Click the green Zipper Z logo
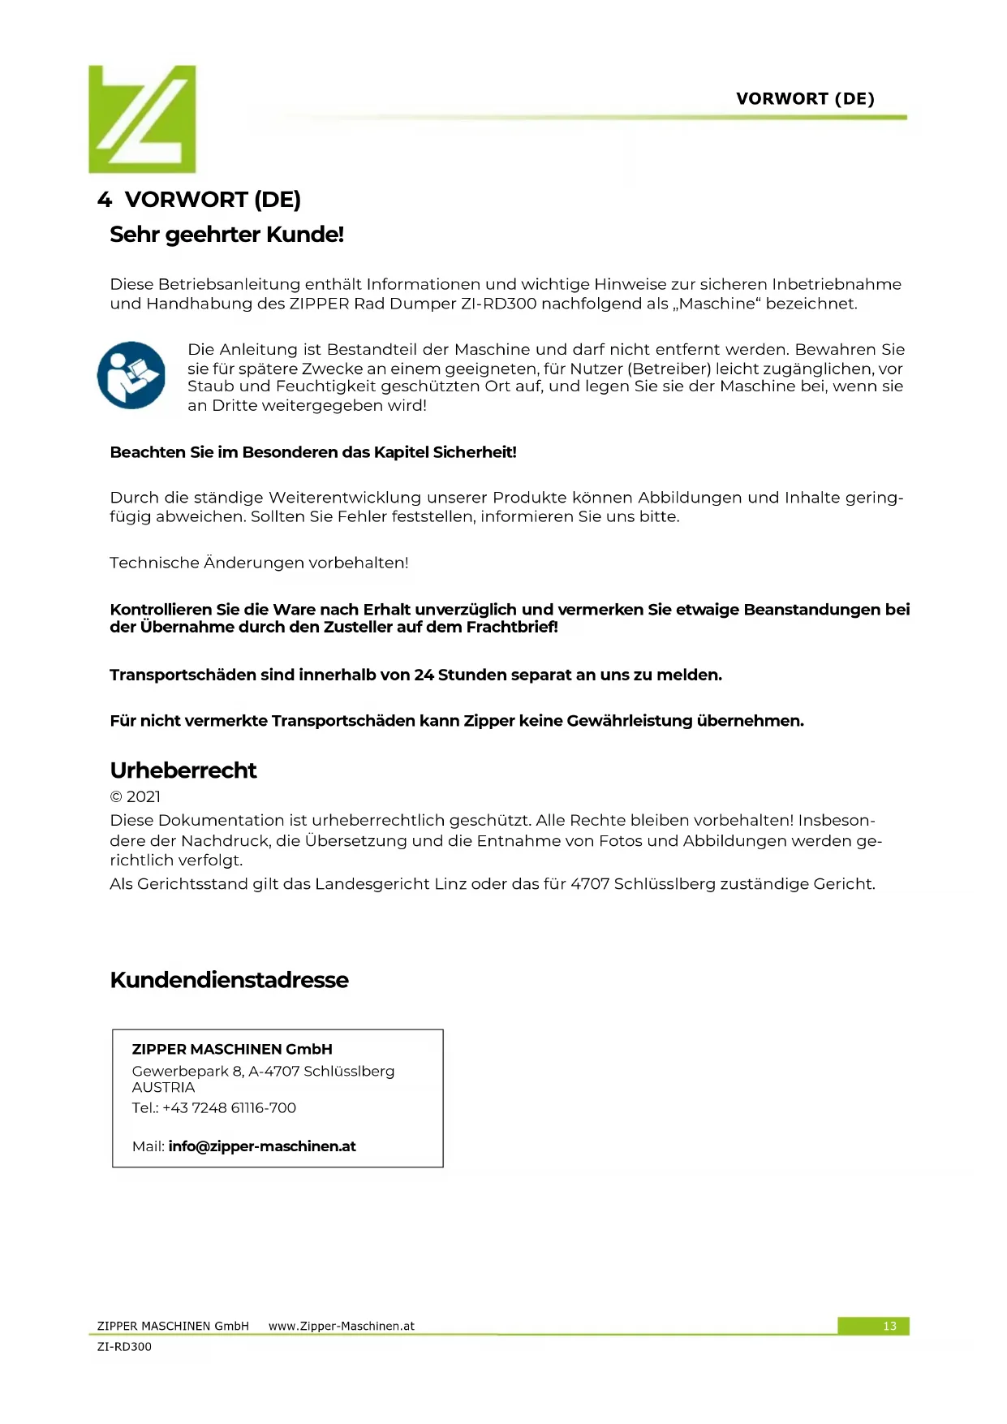142,119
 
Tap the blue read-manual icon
131,375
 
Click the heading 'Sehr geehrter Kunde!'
226,235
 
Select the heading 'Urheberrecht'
183,770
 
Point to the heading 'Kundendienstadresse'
229,980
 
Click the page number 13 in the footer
889,1326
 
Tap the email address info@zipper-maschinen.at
262,1146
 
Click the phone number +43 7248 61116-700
229,1108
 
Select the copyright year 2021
144,796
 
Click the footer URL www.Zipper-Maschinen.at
341,1326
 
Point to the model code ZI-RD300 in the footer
124,1347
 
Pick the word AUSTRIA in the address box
163,1088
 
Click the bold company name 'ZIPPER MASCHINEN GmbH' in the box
232,1049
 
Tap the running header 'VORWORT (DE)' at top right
805,99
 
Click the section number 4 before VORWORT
104,200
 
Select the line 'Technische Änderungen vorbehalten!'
259,563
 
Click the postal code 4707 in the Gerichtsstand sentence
590,884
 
